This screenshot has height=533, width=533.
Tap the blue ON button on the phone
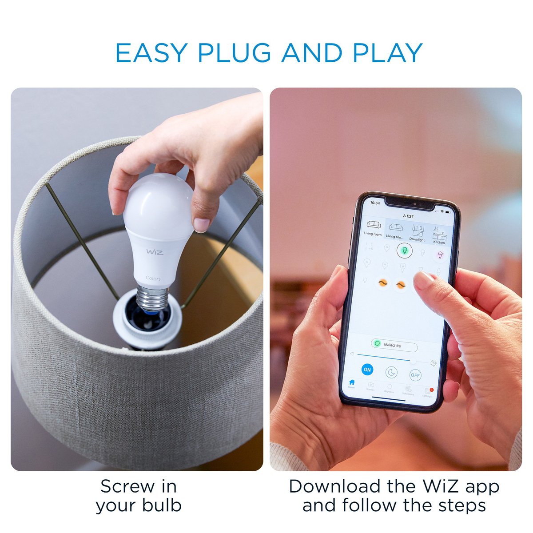coord(367,370)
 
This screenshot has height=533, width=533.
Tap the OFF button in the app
coord(415,375)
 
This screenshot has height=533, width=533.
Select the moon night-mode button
coord(391,373)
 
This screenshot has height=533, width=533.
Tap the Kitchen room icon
coord(439,235)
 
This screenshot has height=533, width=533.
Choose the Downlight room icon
coord(418,233)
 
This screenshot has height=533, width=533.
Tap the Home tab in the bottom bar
coord(352,383)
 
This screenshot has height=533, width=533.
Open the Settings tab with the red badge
coord(427,393)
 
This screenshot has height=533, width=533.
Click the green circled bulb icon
coord(404,251)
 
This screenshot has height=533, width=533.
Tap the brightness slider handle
coord(414,361)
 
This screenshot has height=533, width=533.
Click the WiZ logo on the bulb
coord(155,252)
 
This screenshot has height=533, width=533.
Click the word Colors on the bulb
coord(153,278)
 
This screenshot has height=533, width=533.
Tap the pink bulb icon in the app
coord(440,255)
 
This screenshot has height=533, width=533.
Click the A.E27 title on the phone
coord(408,216)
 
